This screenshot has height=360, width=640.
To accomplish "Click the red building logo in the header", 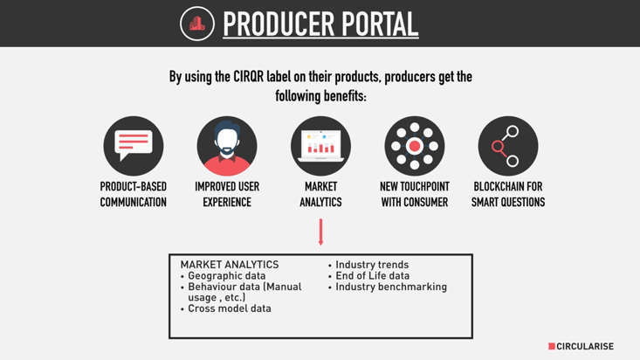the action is pyautogui.click(x=197, y=24).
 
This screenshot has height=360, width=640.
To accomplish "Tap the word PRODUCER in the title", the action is pyautogui.click(x=279, y=24).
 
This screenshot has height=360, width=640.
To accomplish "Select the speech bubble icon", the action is pyautogui.click(x=134, y=146).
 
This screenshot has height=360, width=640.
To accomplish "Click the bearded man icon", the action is pyautogui.click(x=227, y=146).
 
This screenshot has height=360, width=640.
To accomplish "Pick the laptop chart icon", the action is pyautogui.click(x=320, y=146).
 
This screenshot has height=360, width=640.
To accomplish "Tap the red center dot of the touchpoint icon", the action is pyautogui.click(x=415, y=146).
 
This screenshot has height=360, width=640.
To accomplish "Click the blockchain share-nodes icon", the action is pyautogui.click(x=508, y=146).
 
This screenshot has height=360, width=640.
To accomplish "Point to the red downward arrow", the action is pyautogui.click(x=320, y=232).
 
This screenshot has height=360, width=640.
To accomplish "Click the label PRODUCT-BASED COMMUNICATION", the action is pyautogui.click(x=134, y=195).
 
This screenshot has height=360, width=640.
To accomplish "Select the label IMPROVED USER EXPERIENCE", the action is pyautogui.click(x=227, y=195).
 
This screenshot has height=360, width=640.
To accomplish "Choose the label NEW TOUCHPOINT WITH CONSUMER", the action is pyautogui.click(x=415, y=195).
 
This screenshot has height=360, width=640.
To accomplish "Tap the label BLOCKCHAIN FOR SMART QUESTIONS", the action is pyautogui.click(x=508, y=195).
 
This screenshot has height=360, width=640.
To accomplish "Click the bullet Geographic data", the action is pyautogui.click(x=224, y=276).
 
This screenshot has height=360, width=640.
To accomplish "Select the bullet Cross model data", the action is pyautogui.click(x=226, y=308).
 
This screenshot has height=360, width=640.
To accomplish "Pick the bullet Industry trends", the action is pyautogui.click(x=368, y=265).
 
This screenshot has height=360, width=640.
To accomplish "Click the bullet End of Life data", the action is pyautogui.click(x=369, y=276).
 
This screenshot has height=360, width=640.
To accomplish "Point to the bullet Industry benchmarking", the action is pyautogui.click(x=388, y=287).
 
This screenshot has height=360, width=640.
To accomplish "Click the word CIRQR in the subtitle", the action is pyautogui.click(x=249, y=77).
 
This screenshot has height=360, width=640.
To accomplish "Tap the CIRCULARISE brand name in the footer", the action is pyautogui.click(x=585, y=347).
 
